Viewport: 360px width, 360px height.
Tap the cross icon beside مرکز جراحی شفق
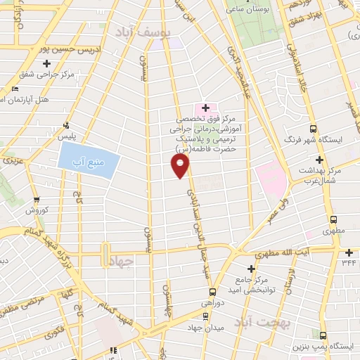47,64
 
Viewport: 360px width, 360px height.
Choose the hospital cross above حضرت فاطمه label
205,108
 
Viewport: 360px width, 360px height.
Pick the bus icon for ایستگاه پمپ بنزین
323,336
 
